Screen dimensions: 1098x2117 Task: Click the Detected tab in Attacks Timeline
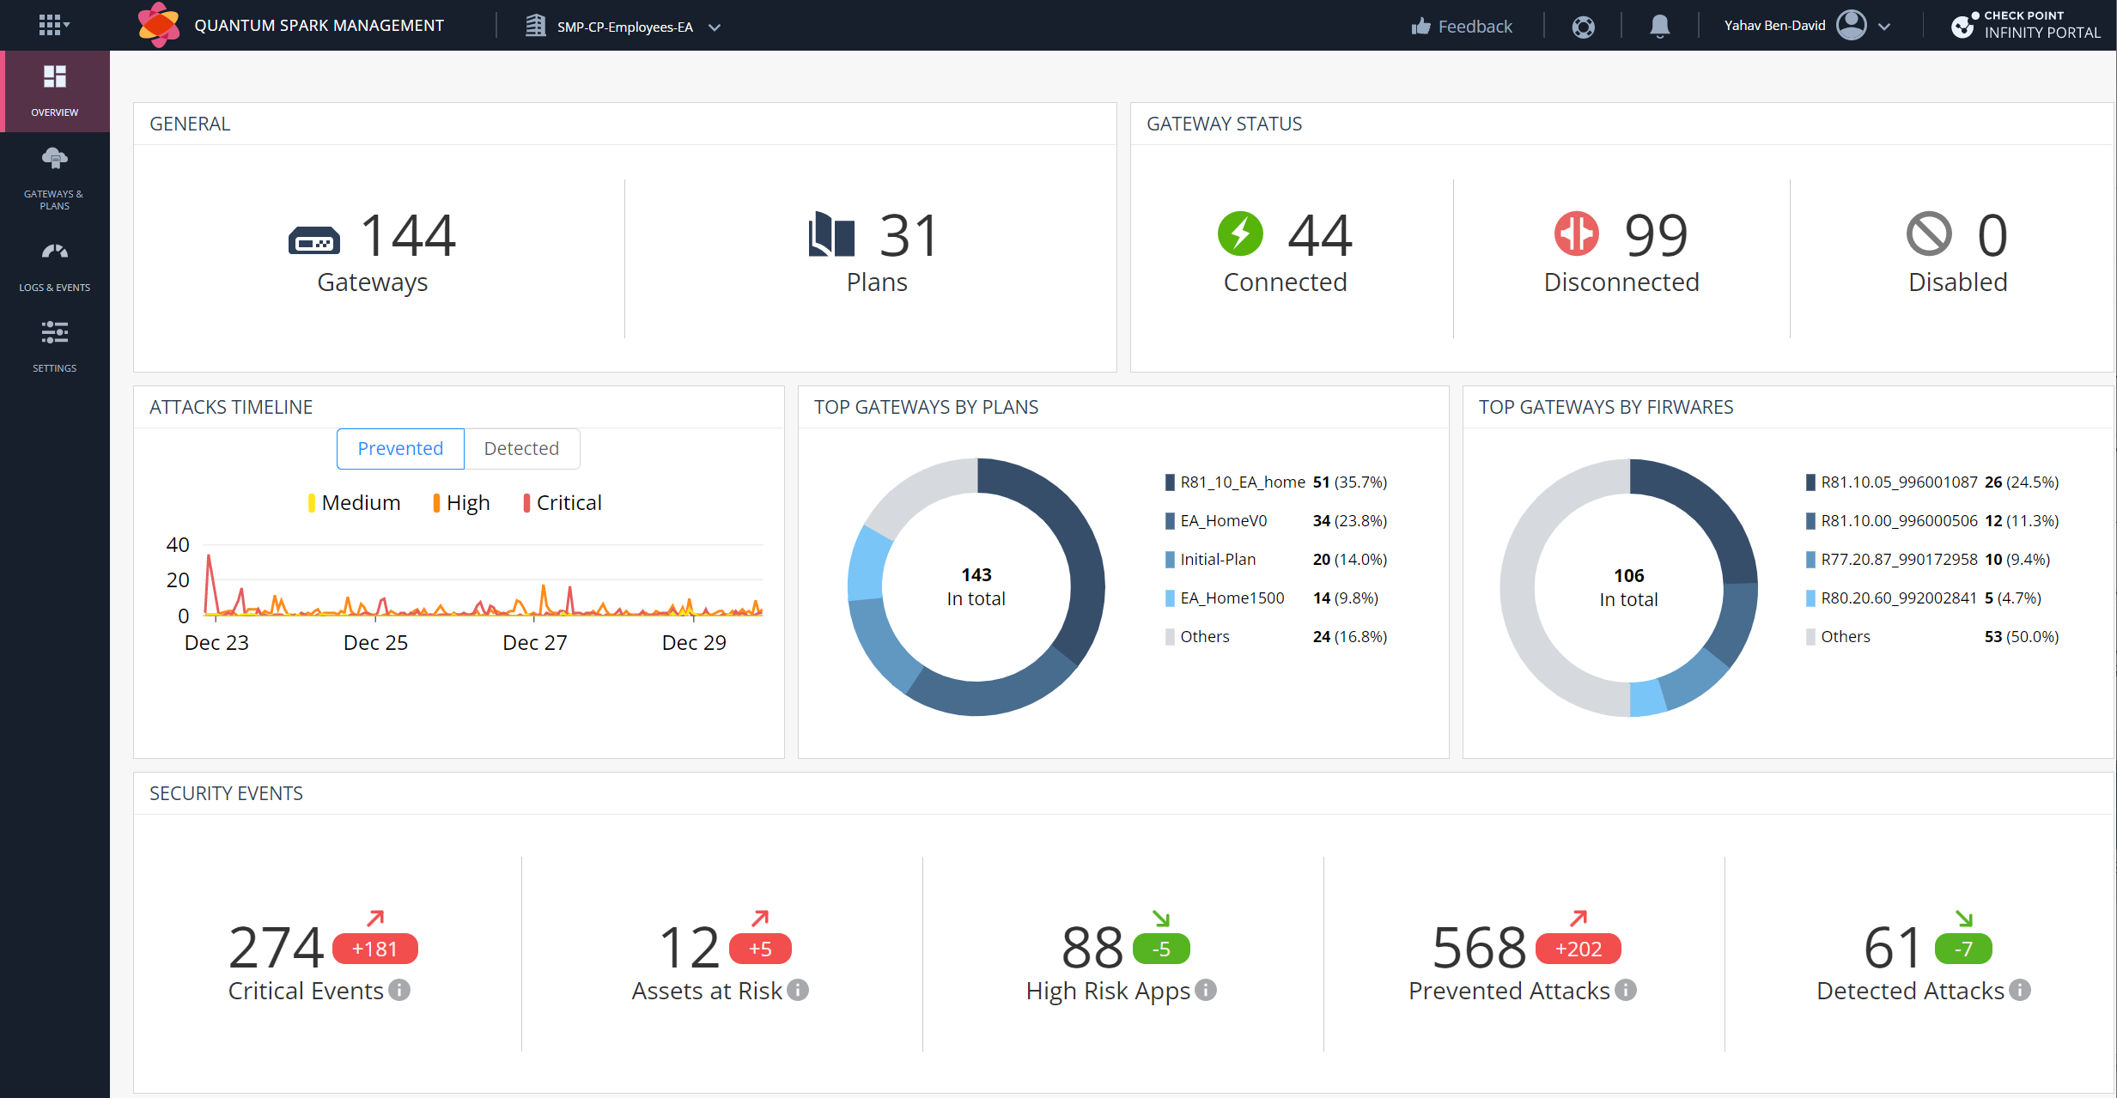coord(521,449)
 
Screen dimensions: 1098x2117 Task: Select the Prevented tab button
coord(400,449)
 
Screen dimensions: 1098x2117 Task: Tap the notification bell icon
coord(1659,27)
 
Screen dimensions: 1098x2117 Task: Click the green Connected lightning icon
coord(1240,234)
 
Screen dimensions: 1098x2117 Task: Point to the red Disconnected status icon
coord(1576,234)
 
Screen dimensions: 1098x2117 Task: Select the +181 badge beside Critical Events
coord(374,949)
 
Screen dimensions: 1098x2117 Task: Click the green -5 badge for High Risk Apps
coord(1161,949)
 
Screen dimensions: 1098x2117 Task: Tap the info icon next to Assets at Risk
coord(798,990)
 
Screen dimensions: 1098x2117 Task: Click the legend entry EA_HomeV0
coord(1223,520)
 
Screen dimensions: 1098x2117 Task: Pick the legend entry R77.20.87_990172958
coord(1898,559)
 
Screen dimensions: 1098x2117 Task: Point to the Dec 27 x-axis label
coord(534,642)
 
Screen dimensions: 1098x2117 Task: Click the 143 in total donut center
coord(976,586)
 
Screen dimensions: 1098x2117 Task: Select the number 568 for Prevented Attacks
coord(1479,948)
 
